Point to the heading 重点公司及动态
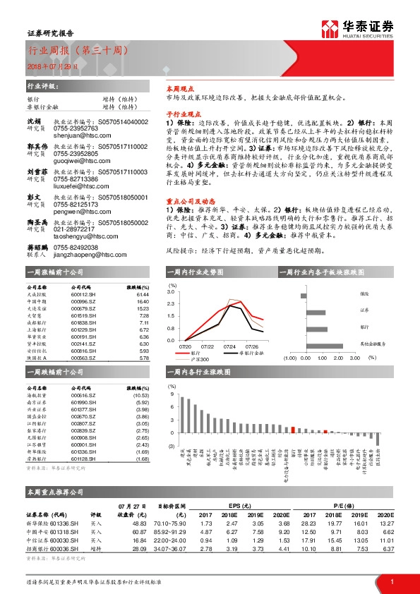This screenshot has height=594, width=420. pyautogui.click(x=185, y=200)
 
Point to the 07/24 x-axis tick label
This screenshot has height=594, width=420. pyautogui.click(x=229, y=345)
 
